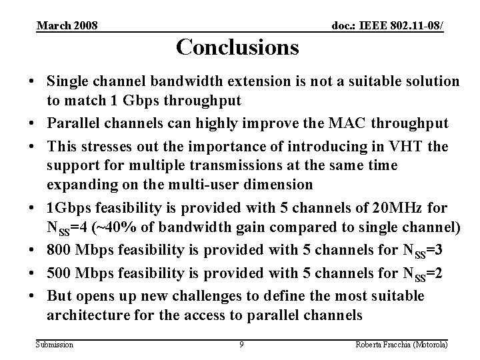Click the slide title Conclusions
(x=237, y=47)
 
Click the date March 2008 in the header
(x=67, y=25)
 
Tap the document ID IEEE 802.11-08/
(x=389, y=25)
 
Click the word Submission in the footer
(x=55, y=344)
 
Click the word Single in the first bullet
(x=68, y=81)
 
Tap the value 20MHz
(x=381, y=208)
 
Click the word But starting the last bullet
(x=60, y=295)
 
